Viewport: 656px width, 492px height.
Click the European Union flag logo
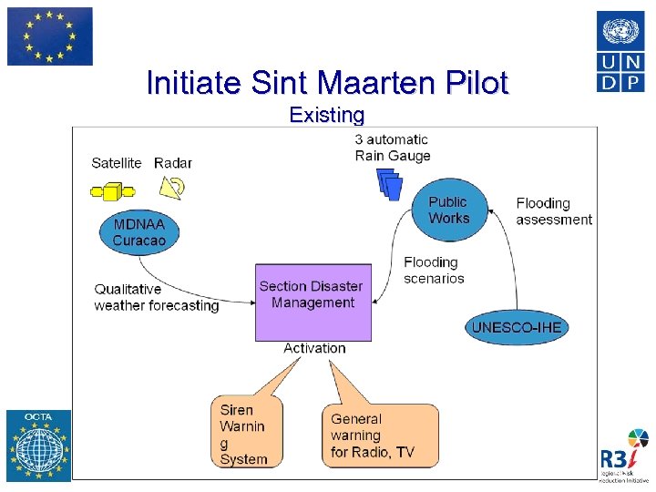pos(50,36)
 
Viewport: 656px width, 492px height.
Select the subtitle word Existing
pos(326,115)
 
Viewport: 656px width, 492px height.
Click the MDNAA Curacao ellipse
pos(139,232)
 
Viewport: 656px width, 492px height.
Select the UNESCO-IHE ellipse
pos(517,327)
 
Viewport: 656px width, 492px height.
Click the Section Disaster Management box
pos(313,302)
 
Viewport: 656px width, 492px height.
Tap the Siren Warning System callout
pos(245,433)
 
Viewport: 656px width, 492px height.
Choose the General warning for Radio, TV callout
pos(379,436)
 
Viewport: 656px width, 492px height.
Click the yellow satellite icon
pos(113,191)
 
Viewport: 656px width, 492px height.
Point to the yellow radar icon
pos(172,187)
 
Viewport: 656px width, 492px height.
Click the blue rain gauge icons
pos(390,184)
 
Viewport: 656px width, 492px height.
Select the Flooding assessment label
pos(554,210)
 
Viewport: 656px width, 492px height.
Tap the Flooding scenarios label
pos(434,271)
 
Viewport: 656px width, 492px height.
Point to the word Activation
pos(314,348)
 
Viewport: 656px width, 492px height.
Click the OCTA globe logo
pos(38,446)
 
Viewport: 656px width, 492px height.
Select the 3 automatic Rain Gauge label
pos(393,148)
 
